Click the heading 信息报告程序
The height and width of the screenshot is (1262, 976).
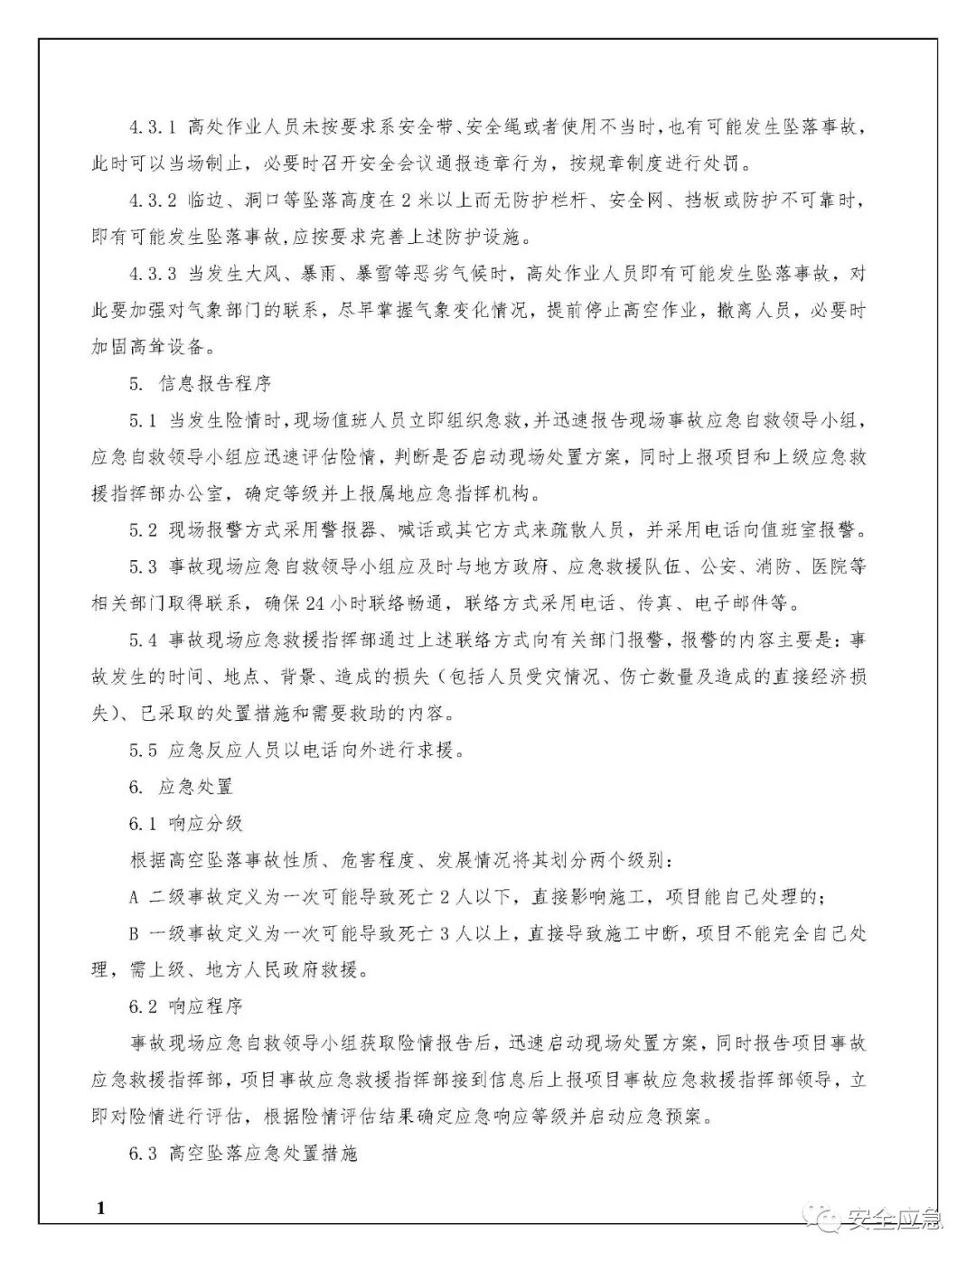215,383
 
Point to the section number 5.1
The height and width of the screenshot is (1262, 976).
144,420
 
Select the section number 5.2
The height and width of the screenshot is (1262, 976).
144,529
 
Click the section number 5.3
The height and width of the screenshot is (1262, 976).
144,566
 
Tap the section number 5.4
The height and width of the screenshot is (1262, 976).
144,640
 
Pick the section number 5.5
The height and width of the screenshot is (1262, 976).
144,750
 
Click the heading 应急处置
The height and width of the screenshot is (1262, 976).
195,787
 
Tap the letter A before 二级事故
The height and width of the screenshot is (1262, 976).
135,896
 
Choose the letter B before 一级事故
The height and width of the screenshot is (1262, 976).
135,933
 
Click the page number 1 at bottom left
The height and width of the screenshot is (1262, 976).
100,1208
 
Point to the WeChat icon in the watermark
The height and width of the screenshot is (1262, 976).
828,1220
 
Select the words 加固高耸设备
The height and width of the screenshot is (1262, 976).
154,347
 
